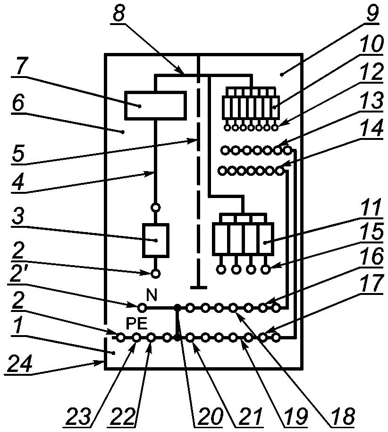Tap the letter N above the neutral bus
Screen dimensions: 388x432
tap(152, 295)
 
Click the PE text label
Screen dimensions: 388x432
tap(136, 324)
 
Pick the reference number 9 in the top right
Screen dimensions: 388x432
tap(372, 12)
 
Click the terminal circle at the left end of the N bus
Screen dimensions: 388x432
tap(142, 307)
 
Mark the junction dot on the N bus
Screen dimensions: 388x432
tap(178, 307)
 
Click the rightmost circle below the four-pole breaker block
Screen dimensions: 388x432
tap(266, 269)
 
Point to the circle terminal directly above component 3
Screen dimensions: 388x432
tap(156, 207)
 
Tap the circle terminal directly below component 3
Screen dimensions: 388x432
tap(156, 274)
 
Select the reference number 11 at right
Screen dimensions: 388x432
tap(371, 208)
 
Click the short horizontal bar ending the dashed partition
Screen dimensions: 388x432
tap(199, 287)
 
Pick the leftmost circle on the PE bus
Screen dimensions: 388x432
tap(120, 337)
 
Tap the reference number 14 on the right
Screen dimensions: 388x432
tap(372, 128)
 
